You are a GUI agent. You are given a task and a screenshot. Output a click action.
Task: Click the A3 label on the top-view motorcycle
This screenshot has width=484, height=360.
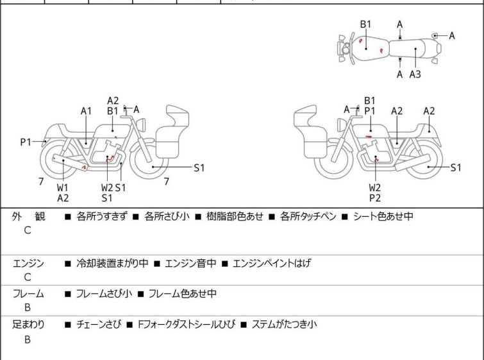coord(415,74)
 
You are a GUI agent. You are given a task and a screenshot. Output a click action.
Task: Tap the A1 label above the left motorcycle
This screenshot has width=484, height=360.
coord(86,110)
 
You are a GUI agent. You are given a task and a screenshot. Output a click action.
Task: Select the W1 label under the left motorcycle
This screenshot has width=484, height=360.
coord(63,187)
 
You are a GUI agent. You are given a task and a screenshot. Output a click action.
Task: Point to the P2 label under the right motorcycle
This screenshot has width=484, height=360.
coord(374,198)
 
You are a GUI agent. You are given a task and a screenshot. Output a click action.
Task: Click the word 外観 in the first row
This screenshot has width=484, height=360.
coord(29,216)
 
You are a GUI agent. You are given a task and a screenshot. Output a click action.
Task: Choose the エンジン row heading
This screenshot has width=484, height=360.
coord(29,263)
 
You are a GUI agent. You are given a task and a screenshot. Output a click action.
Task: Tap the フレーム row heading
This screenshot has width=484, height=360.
coord(29,294)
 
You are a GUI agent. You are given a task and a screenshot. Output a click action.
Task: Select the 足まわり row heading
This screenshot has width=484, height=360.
coord(29,325)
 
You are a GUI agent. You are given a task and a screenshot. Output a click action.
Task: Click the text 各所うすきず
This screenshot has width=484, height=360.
coord(102,216)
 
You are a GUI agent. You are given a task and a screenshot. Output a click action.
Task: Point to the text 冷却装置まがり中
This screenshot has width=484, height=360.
coord(112,263)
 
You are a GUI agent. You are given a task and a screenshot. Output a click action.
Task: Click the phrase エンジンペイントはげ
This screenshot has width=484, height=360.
coord(271,263)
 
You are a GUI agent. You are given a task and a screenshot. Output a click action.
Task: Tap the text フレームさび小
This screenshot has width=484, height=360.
coord(104,294)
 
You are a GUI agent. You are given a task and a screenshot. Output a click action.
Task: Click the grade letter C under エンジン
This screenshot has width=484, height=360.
coord(28,277)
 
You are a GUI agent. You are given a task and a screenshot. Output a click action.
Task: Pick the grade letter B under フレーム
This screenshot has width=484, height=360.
coord(28,308)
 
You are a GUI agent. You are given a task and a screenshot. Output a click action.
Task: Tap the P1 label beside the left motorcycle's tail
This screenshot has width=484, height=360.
coord(26,142)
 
